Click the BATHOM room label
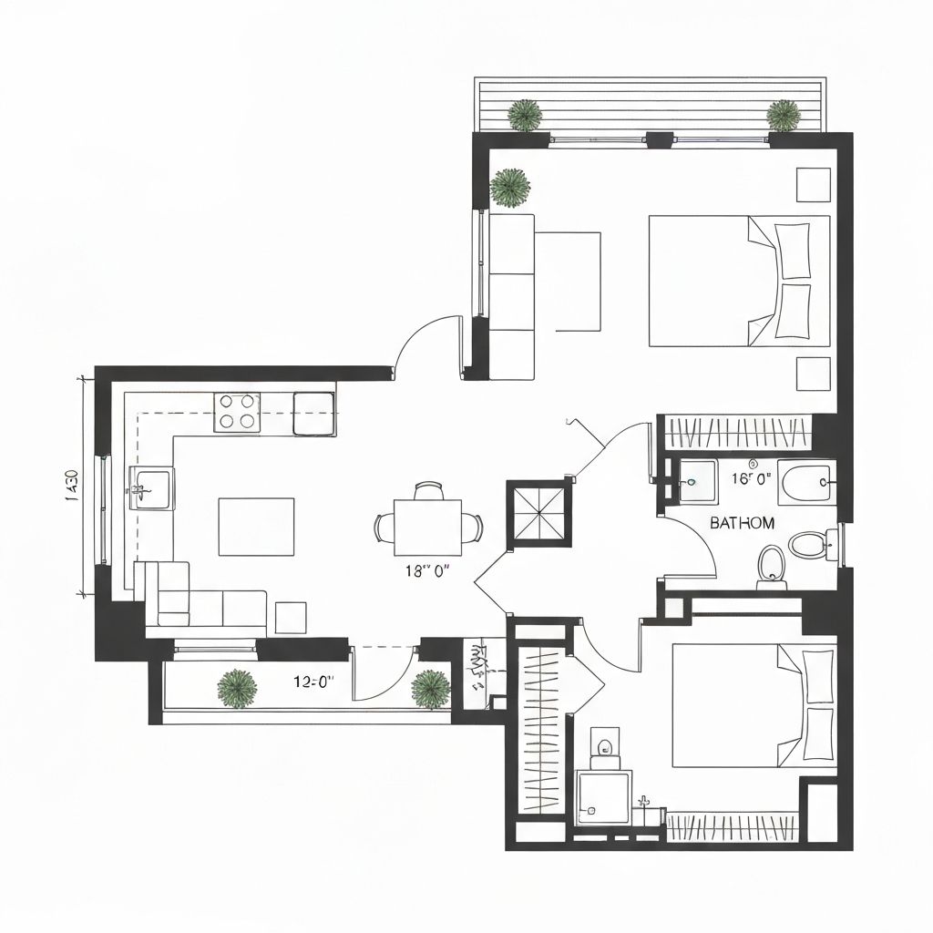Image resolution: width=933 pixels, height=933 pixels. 742,523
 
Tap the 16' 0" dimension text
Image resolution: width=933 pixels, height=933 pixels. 752,477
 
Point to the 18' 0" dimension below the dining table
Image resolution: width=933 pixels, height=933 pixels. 427,571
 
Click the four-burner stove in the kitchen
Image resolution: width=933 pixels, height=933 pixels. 237,412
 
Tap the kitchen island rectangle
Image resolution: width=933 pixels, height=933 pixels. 256,527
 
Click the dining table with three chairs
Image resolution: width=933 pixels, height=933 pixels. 427,526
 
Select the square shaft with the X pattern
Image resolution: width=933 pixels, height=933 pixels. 537,512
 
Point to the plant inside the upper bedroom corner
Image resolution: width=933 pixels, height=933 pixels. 510,186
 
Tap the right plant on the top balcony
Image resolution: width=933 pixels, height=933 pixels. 783,115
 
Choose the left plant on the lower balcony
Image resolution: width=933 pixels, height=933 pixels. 237,688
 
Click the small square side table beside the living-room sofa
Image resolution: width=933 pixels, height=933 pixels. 291,617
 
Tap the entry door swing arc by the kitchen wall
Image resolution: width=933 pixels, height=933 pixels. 426,342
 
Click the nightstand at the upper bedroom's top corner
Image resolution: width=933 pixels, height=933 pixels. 813,184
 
